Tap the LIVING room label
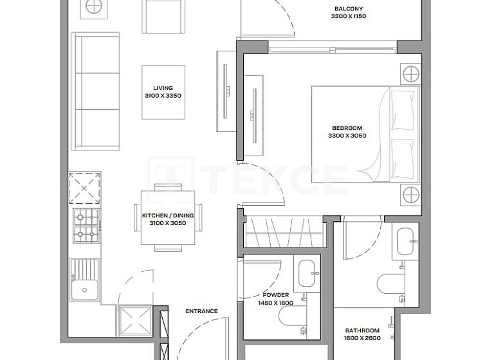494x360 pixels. pos(163,89)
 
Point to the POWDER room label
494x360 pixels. pos(275,295)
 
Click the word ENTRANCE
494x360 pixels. pos(201,311)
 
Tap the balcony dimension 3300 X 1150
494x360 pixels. pos(350,17)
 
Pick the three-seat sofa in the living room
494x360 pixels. pos(95,92)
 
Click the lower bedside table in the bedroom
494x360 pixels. pos(411,194)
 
